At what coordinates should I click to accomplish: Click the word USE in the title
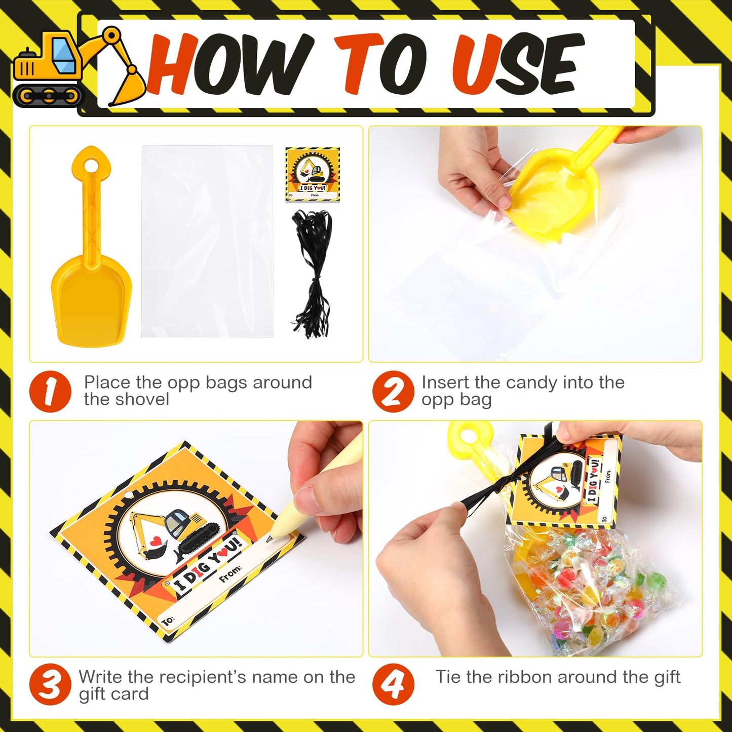pyautogui.click(x=517, y=65)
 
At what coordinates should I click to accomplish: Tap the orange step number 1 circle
pyautogui.click(x=50, y=391)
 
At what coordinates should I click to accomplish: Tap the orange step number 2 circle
pyautogui.click(x=393, y=391)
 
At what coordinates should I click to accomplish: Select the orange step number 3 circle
pyautogui.click(x=50, y=684)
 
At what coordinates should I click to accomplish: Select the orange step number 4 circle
pyautogui.click(x=393, y=684)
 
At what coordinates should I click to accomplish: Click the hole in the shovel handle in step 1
pyautogui.click(x=91, y=165)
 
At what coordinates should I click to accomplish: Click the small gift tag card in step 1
pyautogui.click(x=313, y=174)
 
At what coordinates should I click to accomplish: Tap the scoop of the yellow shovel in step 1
pyautogui.click(x=91, y=304)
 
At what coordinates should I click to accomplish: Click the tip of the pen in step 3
pyautogui.click(x=269, y=539)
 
